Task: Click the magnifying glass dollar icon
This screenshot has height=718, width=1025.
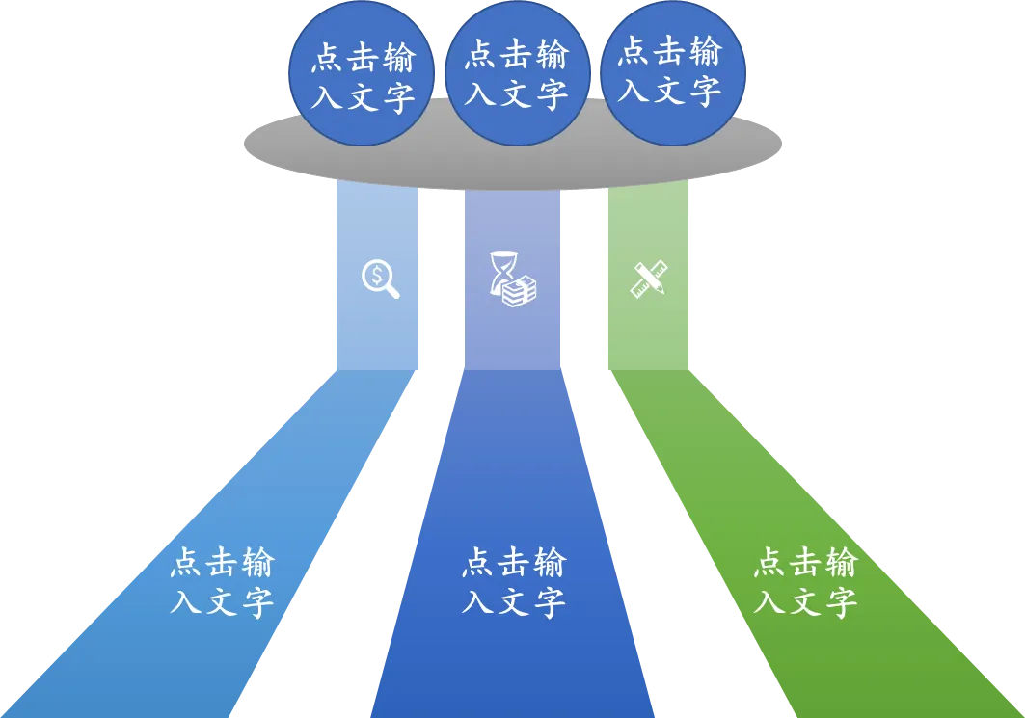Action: pyautogui.click(x=380, y=279)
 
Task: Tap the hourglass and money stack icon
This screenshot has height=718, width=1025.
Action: pyautogui.click(x=512, y=279)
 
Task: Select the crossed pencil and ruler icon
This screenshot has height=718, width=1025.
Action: pyautogui.click(x=648, y=279)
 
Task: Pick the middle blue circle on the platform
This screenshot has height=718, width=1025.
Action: pyautogui.click(x=516, y=73)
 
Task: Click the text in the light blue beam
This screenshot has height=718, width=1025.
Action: pyautogui.click(x=222, y=582)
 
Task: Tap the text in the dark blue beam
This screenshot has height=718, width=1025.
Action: pyautogui.click(x=513, y=582)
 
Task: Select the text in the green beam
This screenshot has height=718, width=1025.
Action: pyautogui.click(x=805, y=582)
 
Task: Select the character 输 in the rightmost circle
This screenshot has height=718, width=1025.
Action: pyautogui.click(x=706, y=51)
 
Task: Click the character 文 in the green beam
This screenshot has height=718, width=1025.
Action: pyautogui.click(x=805, y=602)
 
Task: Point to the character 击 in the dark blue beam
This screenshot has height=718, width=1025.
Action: pyautogui.click(x=513, y=562)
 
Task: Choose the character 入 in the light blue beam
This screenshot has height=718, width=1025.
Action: pyautogui.click(x=186, y=602)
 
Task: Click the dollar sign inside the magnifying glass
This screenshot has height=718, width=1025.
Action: pyautogui.click(x=376, y=276)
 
